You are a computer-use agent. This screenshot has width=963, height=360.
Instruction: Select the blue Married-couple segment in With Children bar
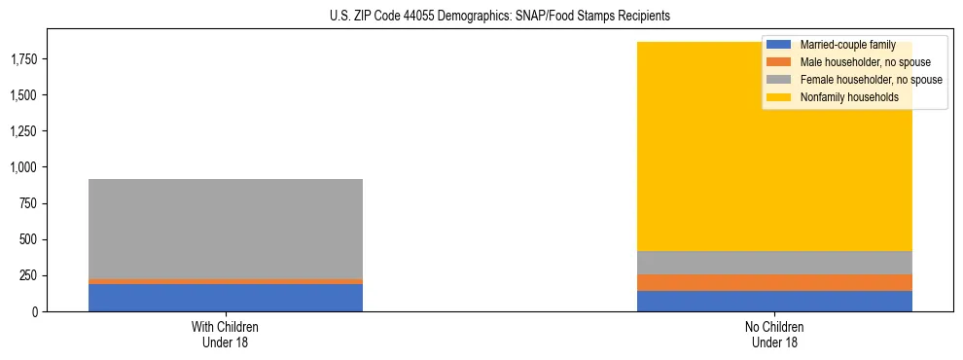226,298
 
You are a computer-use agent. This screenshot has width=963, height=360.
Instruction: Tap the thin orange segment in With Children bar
226,281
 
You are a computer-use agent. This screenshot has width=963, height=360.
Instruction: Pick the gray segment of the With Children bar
226,229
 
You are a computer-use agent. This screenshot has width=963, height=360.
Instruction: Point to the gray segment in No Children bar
775,263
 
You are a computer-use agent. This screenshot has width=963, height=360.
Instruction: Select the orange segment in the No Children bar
775,282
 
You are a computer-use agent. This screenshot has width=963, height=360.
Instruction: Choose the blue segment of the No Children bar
775,301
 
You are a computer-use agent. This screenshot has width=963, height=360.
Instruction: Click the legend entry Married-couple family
846,45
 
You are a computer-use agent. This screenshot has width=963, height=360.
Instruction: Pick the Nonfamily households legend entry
849,97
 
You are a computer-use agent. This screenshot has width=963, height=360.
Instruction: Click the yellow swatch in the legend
780,97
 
